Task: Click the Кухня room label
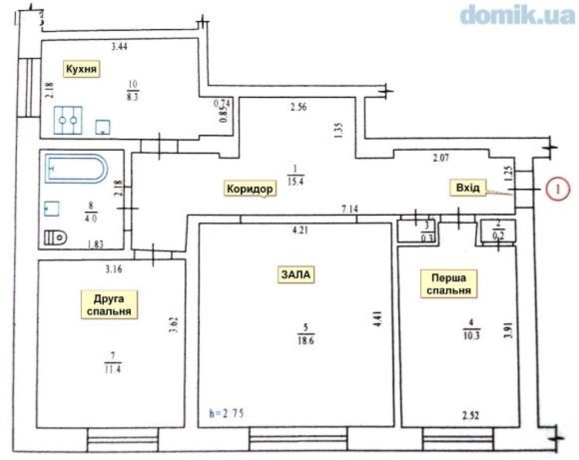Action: click(82, 69)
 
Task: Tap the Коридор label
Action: click(250, 189)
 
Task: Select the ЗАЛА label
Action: click(296, 275)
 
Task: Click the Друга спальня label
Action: click(109, 305)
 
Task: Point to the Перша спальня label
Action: click(448, 284)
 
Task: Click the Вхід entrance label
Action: click(468, 187)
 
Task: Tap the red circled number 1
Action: click(558, 189)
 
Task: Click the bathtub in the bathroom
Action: click(76, 168)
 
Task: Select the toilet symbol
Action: click(55, 237)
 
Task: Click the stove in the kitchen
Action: click(68, 120)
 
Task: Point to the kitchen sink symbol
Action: click(103, 128)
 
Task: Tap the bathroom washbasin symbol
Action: click(52, 209)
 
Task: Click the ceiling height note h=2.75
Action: click(226, 413)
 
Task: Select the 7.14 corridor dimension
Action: click(350, 209)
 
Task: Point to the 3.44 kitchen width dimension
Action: click(120, 47)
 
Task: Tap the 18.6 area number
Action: click(305, 340)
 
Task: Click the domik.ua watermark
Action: click(517, 14)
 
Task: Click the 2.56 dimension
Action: click(298, 108)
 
